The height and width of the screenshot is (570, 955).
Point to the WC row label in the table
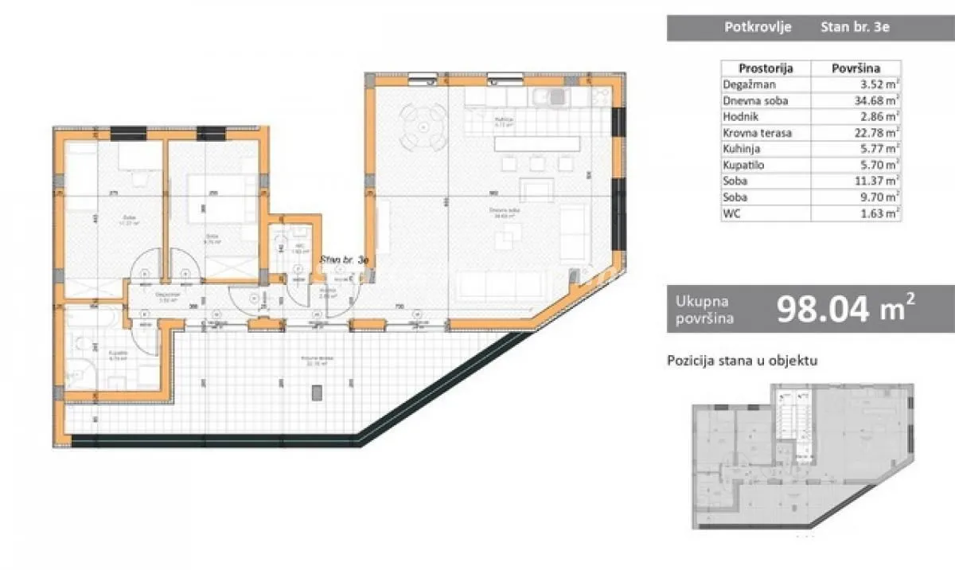[732, 213]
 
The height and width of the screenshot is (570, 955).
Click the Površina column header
[856, 68]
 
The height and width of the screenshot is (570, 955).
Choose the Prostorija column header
[765, 68]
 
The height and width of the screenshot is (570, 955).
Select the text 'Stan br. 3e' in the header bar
[855, 27]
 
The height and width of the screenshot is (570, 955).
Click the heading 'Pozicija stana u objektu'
[743, 361]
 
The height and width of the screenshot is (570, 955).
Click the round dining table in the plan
[422, 127]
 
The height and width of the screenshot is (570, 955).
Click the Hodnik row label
[740, 116]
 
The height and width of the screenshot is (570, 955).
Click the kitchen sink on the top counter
[553, 97]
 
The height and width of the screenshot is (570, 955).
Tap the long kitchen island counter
[537, 145]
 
